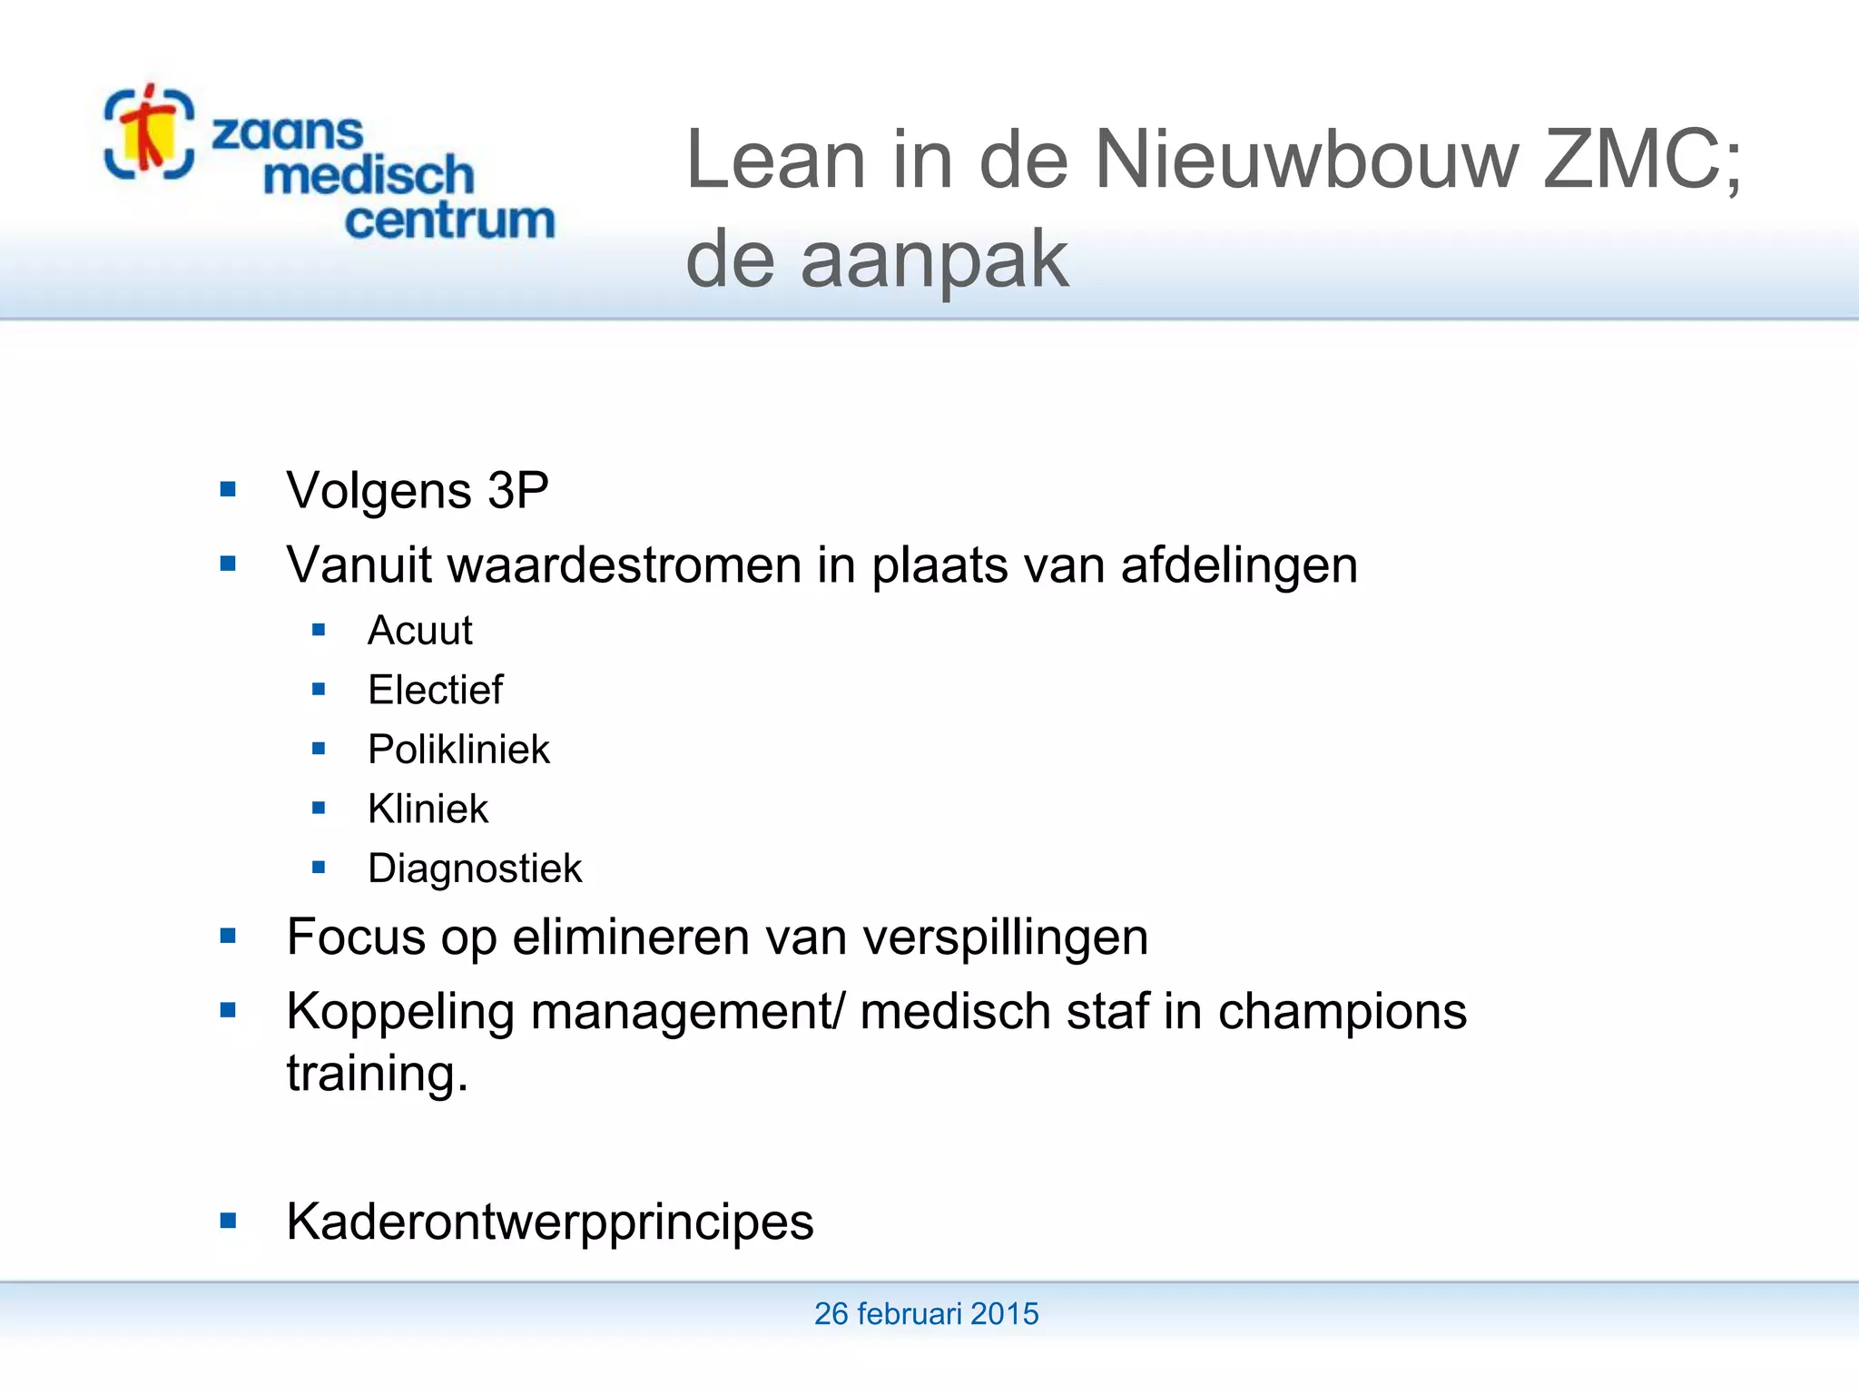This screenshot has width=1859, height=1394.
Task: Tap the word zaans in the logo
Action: (x=287, y=133)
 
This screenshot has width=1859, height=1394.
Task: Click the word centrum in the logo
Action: (x=449, y=221)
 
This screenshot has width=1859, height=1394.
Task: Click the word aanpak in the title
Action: (x=934, y=260)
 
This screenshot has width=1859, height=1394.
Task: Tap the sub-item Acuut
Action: (x=419, y=631)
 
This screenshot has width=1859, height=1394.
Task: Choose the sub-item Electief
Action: (x=435, y=690)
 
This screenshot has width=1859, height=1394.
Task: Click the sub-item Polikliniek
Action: (x=458, y=750)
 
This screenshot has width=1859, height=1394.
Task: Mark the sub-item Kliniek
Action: (x=428, y=809)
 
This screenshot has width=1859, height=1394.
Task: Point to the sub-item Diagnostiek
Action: (x=474, y=869)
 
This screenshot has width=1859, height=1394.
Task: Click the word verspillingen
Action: (x=1005, y=938)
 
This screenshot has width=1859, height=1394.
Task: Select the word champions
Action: (x=1342, y=1012)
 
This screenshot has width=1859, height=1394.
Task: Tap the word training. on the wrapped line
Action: (x=377, y=1074)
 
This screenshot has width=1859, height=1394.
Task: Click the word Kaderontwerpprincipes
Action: (x=549, y=1222)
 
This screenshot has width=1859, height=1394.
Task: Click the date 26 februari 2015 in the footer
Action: (x=926, y=1313)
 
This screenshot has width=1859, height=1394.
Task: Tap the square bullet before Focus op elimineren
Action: (x=228, y=936)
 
